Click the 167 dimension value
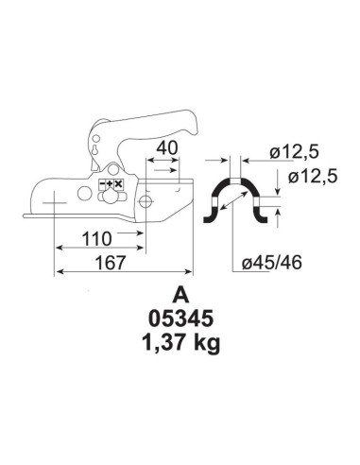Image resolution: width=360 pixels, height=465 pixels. point(111,263)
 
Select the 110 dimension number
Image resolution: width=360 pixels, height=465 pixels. point(96,239)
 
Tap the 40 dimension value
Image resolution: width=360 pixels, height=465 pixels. point(167,148)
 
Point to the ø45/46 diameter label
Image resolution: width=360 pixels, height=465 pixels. point(272,262)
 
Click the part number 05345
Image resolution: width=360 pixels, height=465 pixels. point(180,319)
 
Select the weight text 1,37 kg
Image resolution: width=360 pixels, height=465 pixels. point(180,343)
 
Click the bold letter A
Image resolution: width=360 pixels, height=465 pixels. point(180,296)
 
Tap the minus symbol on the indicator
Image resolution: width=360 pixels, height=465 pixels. point(103,183)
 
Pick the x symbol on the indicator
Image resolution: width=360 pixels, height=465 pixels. point(118,183)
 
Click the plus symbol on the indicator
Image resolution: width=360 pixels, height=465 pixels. point(111,183)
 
